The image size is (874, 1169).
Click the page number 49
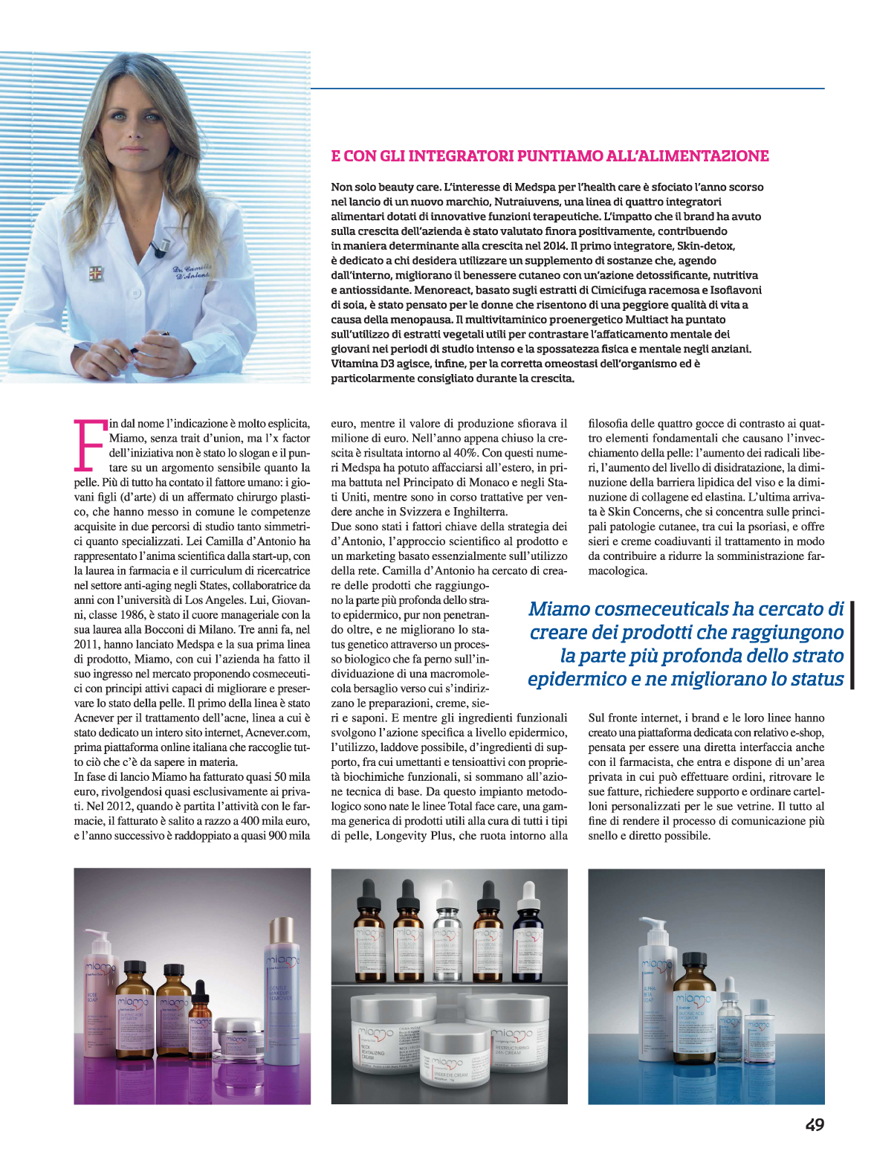point(815,1125)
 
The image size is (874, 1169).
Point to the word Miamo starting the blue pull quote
point(560,610)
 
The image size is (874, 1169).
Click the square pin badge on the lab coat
point(94,273)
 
